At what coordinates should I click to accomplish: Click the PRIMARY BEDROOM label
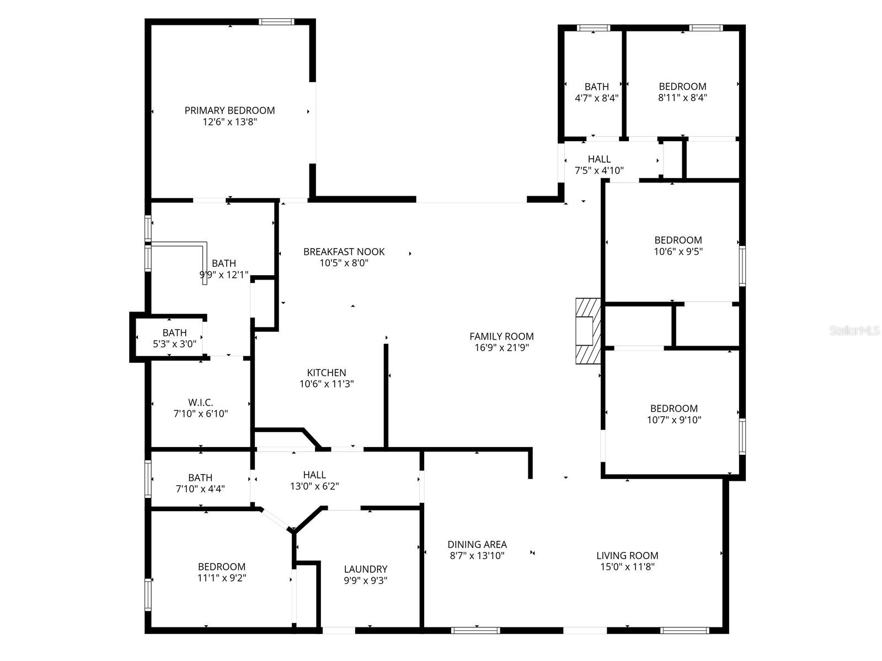tap(229, 110)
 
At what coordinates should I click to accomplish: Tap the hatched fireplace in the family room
tap(587, 331)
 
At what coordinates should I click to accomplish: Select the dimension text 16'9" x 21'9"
tap(501, 348)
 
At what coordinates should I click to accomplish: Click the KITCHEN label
tap(327, 373)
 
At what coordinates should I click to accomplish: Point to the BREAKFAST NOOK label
tap(344, 251)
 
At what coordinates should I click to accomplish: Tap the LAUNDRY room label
tap(365, 569)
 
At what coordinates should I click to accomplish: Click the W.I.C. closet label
tap(200, 402)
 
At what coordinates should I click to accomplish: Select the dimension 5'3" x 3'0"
tap(174, 344)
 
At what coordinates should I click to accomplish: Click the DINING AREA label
tap(477, 544)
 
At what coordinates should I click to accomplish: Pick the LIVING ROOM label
tap(627, 555)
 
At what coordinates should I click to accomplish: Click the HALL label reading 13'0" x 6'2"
tap(314, 475)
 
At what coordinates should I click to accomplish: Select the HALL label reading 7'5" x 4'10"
tap(599, 159)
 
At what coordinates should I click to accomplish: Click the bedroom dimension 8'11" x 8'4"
tap(682, 98)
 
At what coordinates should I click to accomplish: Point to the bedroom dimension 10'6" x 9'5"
tap(678, 251)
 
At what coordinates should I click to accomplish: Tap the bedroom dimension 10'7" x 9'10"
tap(674, 420)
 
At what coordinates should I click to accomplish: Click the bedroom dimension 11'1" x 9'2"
tap(222, 578)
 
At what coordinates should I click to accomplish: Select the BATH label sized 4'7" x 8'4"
tap(596, 87)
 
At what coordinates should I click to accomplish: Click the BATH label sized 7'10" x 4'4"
tap(200, 477)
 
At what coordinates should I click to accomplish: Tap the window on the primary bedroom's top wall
tap(276, 22)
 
